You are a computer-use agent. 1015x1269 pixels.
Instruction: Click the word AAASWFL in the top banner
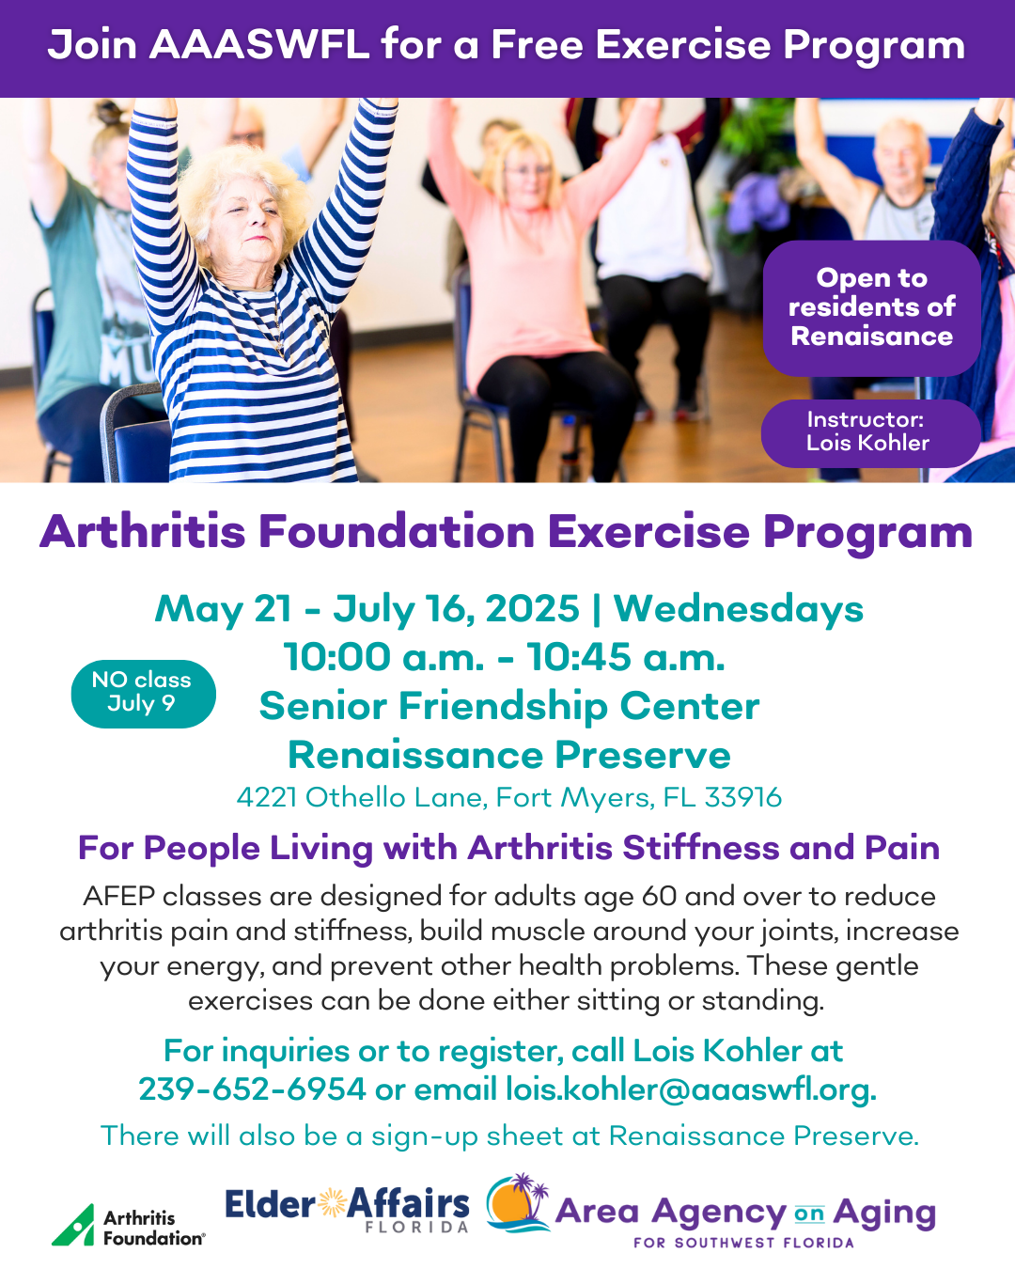click(259, 45)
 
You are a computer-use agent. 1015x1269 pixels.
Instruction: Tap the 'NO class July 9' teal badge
click(143, 694)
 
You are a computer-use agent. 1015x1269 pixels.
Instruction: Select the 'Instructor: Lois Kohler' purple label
click(870, 433)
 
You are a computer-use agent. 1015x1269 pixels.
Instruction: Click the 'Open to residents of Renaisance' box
click(872, 307)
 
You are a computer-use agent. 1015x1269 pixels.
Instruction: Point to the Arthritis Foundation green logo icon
click(74, 1225)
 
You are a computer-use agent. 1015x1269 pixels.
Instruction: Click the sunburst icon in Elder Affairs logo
click(333, 1203)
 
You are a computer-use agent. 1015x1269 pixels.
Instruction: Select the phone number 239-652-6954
click(253, 1089)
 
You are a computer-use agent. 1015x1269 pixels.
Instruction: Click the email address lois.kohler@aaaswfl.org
click(691, 1089)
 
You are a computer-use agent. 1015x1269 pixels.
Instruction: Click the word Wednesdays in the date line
click(739, 609)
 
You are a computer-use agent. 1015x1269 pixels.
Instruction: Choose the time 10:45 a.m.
click(626, 657)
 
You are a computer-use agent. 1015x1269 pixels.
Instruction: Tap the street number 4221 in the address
click(267, 797)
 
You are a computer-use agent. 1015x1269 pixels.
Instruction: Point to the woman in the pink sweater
click(531, 283)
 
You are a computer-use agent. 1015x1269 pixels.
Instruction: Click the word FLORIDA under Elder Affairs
click(417, 1227)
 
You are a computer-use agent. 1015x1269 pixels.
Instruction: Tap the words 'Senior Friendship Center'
click(509, 706)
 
